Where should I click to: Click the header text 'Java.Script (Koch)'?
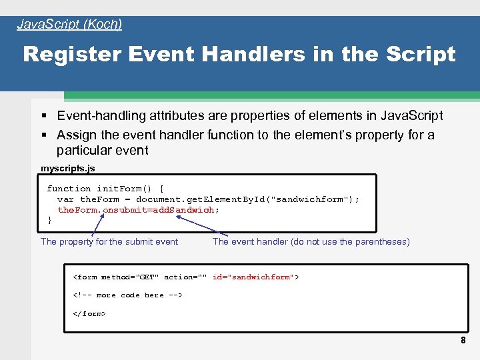[69, 25]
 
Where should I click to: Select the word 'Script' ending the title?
[421, 54]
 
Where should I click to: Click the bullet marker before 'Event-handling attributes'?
[44, 116]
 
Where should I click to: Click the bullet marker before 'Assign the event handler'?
[44, 135]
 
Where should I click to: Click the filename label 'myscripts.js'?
[68, 168]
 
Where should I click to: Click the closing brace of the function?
[50, 220]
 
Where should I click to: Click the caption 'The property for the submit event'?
[109, 241]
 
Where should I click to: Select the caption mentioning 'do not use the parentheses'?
[311, 241]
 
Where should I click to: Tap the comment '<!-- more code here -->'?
[127, 295]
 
